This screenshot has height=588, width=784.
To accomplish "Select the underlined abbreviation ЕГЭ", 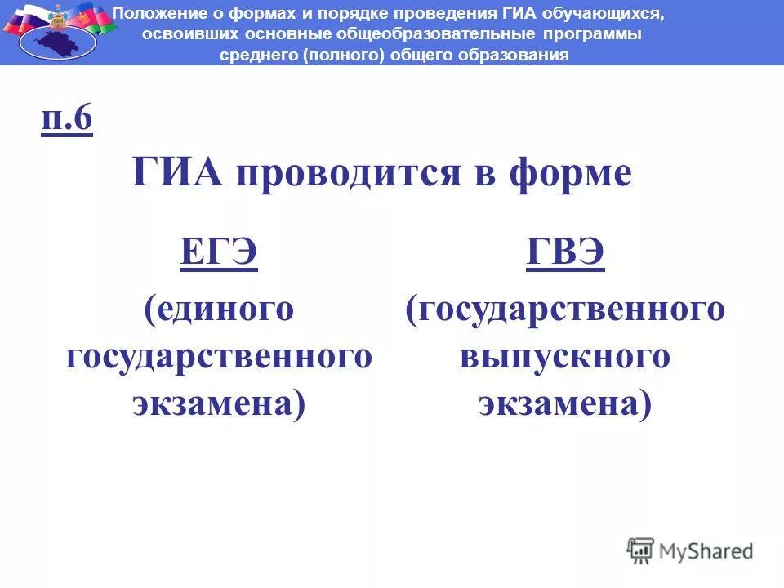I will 219,255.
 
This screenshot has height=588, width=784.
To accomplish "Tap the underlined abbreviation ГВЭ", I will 565,255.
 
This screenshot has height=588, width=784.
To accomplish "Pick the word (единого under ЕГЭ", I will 219,310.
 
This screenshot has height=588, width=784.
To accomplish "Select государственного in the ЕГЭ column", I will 219,357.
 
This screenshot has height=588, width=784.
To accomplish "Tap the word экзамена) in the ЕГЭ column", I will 219,404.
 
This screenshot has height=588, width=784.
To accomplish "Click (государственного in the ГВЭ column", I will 565,310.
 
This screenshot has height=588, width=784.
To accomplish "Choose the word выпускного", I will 565,357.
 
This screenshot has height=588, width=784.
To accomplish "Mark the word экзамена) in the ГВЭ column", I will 565,404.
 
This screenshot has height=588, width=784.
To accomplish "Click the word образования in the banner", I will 519,56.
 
